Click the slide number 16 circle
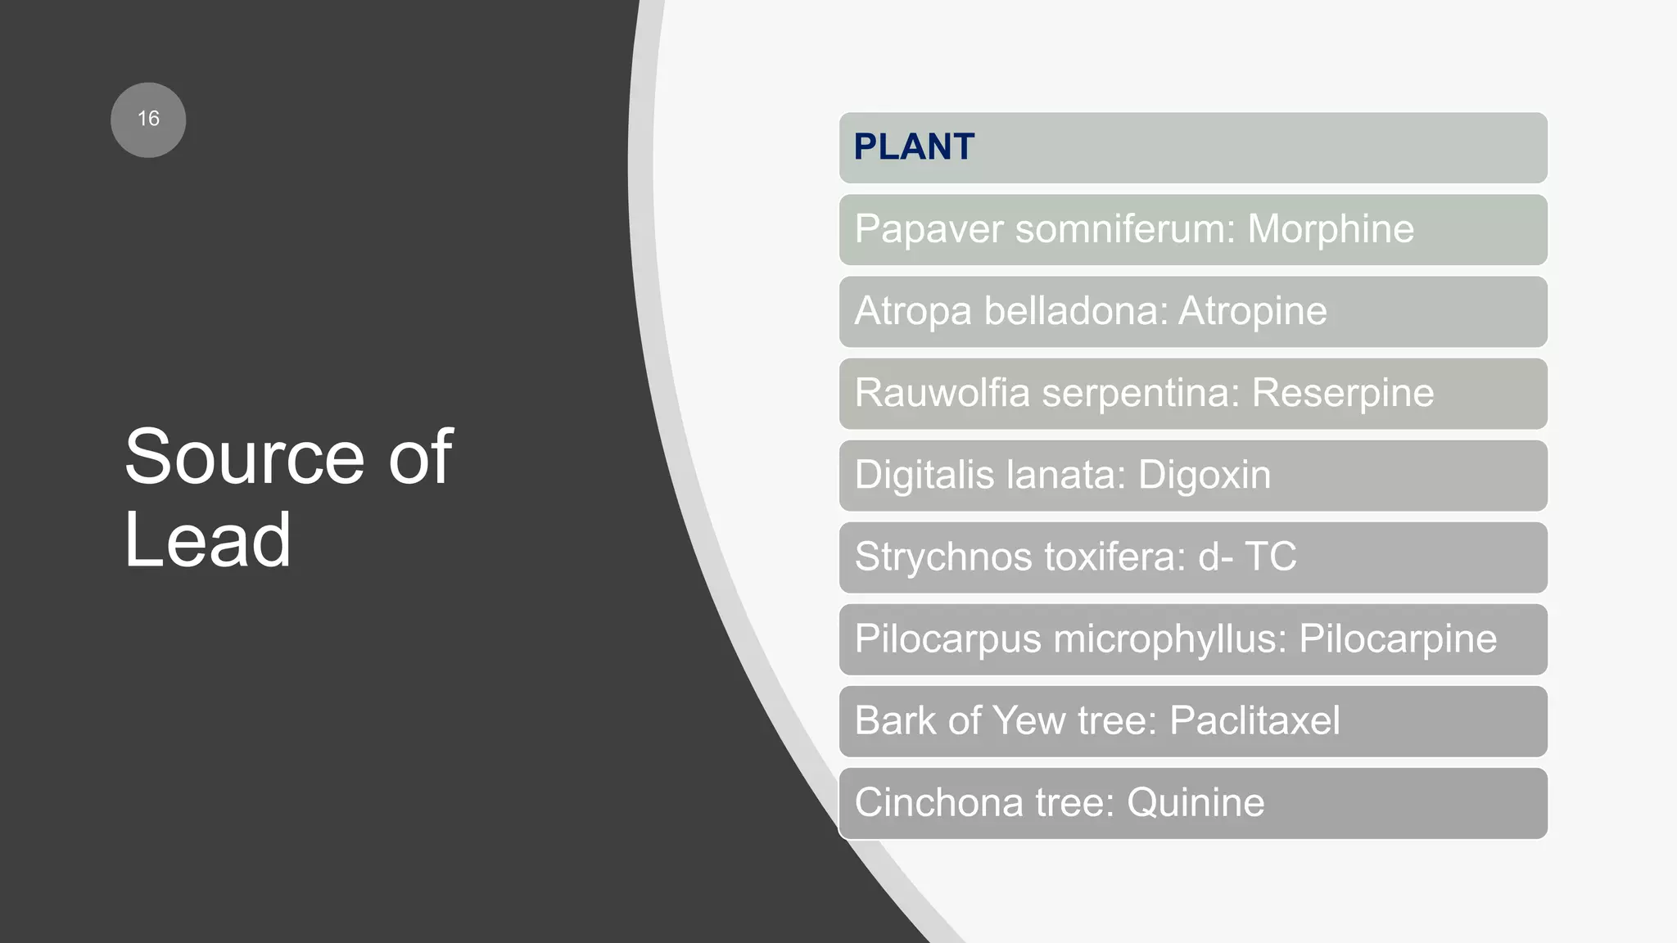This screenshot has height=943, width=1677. click(148, 120)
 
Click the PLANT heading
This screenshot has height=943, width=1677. click(914, 147)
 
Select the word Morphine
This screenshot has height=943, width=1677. click(1331, 228)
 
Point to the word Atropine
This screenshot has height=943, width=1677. click(1252, 311)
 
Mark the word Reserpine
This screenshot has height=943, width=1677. click(1343, 393)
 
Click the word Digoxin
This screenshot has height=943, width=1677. click(1205, 475)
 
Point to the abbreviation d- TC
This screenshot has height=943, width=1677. click(1247, 557)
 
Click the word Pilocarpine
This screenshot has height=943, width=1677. click(1398, 638)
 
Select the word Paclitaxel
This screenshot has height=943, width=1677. click(1254, 720)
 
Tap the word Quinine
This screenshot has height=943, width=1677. click(1196, 802)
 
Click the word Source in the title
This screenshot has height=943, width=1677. click(244, 457)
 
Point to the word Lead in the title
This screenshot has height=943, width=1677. click(208, 540)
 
